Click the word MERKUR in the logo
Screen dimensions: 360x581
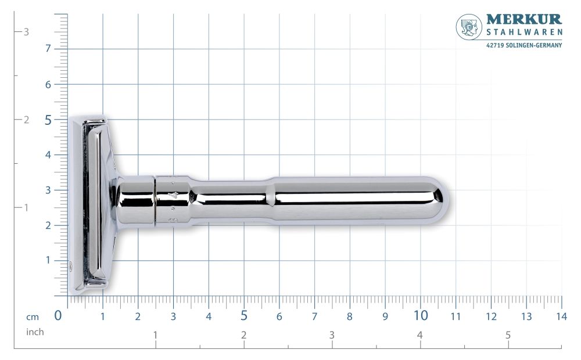tap(523, 20)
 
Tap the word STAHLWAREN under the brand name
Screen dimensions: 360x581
tap(523, 33)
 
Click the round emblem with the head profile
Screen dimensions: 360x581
tap(469, 27)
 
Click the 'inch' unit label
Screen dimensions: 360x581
tap(35, 332)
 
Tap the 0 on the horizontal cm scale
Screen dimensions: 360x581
tap(58, 316)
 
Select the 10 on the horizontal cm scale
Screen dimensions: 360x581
tap(421, 316)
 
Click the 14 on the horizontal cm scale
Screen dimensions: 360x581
tap(561, 316)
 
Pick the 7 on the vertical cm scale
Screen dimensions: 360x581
tap(48, 48)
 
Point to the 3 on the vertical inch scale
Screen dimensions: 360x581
tap(26, 32)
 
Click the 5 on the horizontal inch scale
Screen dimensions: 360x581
tap(508, 335)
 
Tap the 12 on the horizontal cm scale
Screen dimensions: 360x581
tap(491, 316)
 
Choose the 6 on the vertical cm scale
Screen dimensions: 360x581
tap(48, 84)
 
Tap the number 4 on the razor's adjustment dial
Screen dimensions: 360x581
tap(172, 196)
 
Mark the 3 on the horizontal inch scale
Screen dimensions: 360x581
tap(332, 335)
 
